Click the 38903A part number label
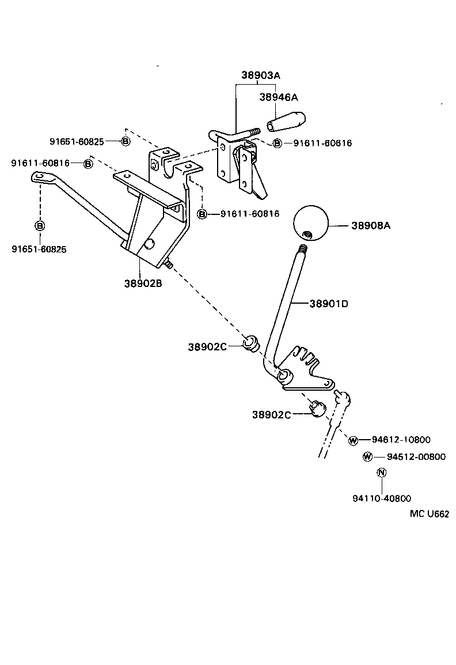[260, 75]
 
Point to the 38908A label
[371, 226]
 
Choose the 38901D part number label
[329, 303]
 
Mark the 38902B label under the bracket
[143, 283]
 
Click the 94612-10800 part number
[401, 440]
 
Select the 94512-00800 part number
[416, 457]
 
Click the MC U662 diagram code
[429, 515]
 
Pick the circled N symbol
[381, 473]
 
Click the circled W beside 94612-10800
[353, 440]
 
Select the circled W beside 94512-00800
[367, 457]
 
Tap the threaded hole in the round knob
[307, 234]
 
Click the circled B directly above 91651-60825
[40, 225]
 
